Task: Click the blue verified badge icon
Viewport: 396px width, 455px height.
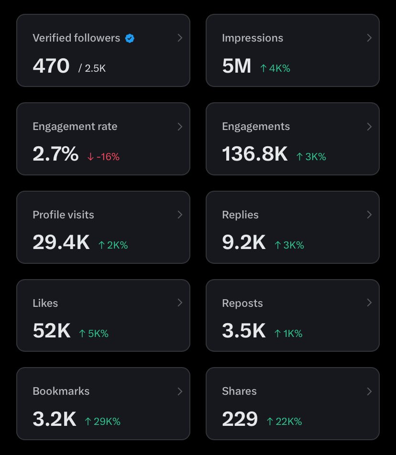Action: (130, 38)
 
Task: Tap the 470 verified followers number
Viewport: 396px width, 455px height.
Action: (51, 66)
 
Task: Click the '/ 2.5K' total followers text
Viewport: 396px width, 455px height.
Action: (92, 68)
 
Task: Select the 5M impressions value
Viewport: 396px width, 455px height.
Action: (236, 66)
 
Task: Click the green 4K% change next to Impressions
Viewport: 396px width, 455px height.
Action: (275, 68)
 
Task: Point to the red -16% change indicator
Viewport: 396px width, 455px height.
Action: (103, 157)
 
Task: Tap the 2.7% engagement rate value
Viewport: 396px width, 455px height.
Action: (55, 154)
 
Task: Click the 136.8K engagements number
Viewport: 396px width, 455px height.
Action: (255, 154)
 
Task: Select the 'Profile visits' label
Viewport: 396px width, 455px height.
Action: (63, 215)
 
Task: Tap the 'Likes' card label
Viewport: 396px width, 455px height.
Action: (45, 303)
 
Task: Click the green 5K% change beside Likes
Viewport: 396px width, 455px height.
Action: (93, 334)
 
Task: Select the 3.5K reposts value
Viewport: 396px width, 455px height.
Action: (243, 331)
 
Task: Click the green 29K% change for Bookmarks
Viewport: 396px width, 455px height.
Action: (102, 422)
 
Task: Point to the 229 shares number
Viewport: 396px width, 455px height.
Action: (240, 419)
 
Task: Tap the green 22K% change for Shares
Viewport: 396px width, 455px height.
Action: (284, 422)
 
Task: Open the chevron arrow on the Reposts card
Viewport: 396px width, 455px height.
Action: (369, 303)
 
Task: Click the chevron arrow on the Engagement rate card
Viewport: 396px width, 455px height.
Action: (180, 126)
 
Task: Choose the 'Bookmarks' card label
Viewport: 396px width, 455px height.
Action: (61, 391)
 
